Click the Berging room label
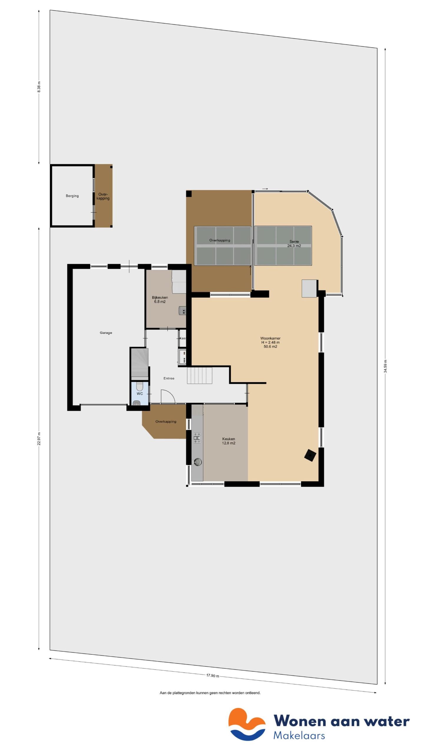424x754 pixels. [x=72, y=196]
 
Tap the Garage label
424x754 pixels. [x=106, y=333]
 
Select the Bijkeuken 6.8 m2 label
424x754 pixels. [x=160, y=300]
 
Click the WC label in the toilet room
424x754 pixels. [x=140, y=393]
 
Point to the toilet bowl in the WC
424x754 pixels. [x=140, y=386]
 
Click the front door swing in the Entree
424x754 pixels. [x=168, y=396]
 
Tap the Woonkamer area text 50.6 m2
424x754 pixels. [x=270, y=347]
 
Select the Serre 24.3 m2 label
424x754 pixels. [x=294, y=244]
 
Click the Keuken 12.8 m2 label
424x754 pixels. [x=228, y=441]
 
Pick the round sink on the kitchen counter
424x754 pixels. [x=197, y=462]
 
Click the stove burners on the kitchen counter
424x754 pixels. [x=197, y=438]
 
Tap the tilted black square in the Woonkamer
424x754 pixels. [x=310, y=455]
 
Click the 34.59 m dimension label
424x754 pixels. [x=385, y=366]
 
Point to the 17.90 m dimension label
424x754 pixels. [x=213, y=675]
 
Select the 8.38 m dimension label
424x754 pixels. [x=39, y=87]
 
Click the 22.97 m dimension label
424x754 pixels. [x=39, y=439]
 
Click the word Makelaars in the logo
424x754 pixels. [x=299, y=735]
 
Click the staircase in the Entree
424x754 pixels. [x=199, y=375]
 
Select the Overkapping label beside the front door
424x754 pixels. [x=166, y=421]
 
